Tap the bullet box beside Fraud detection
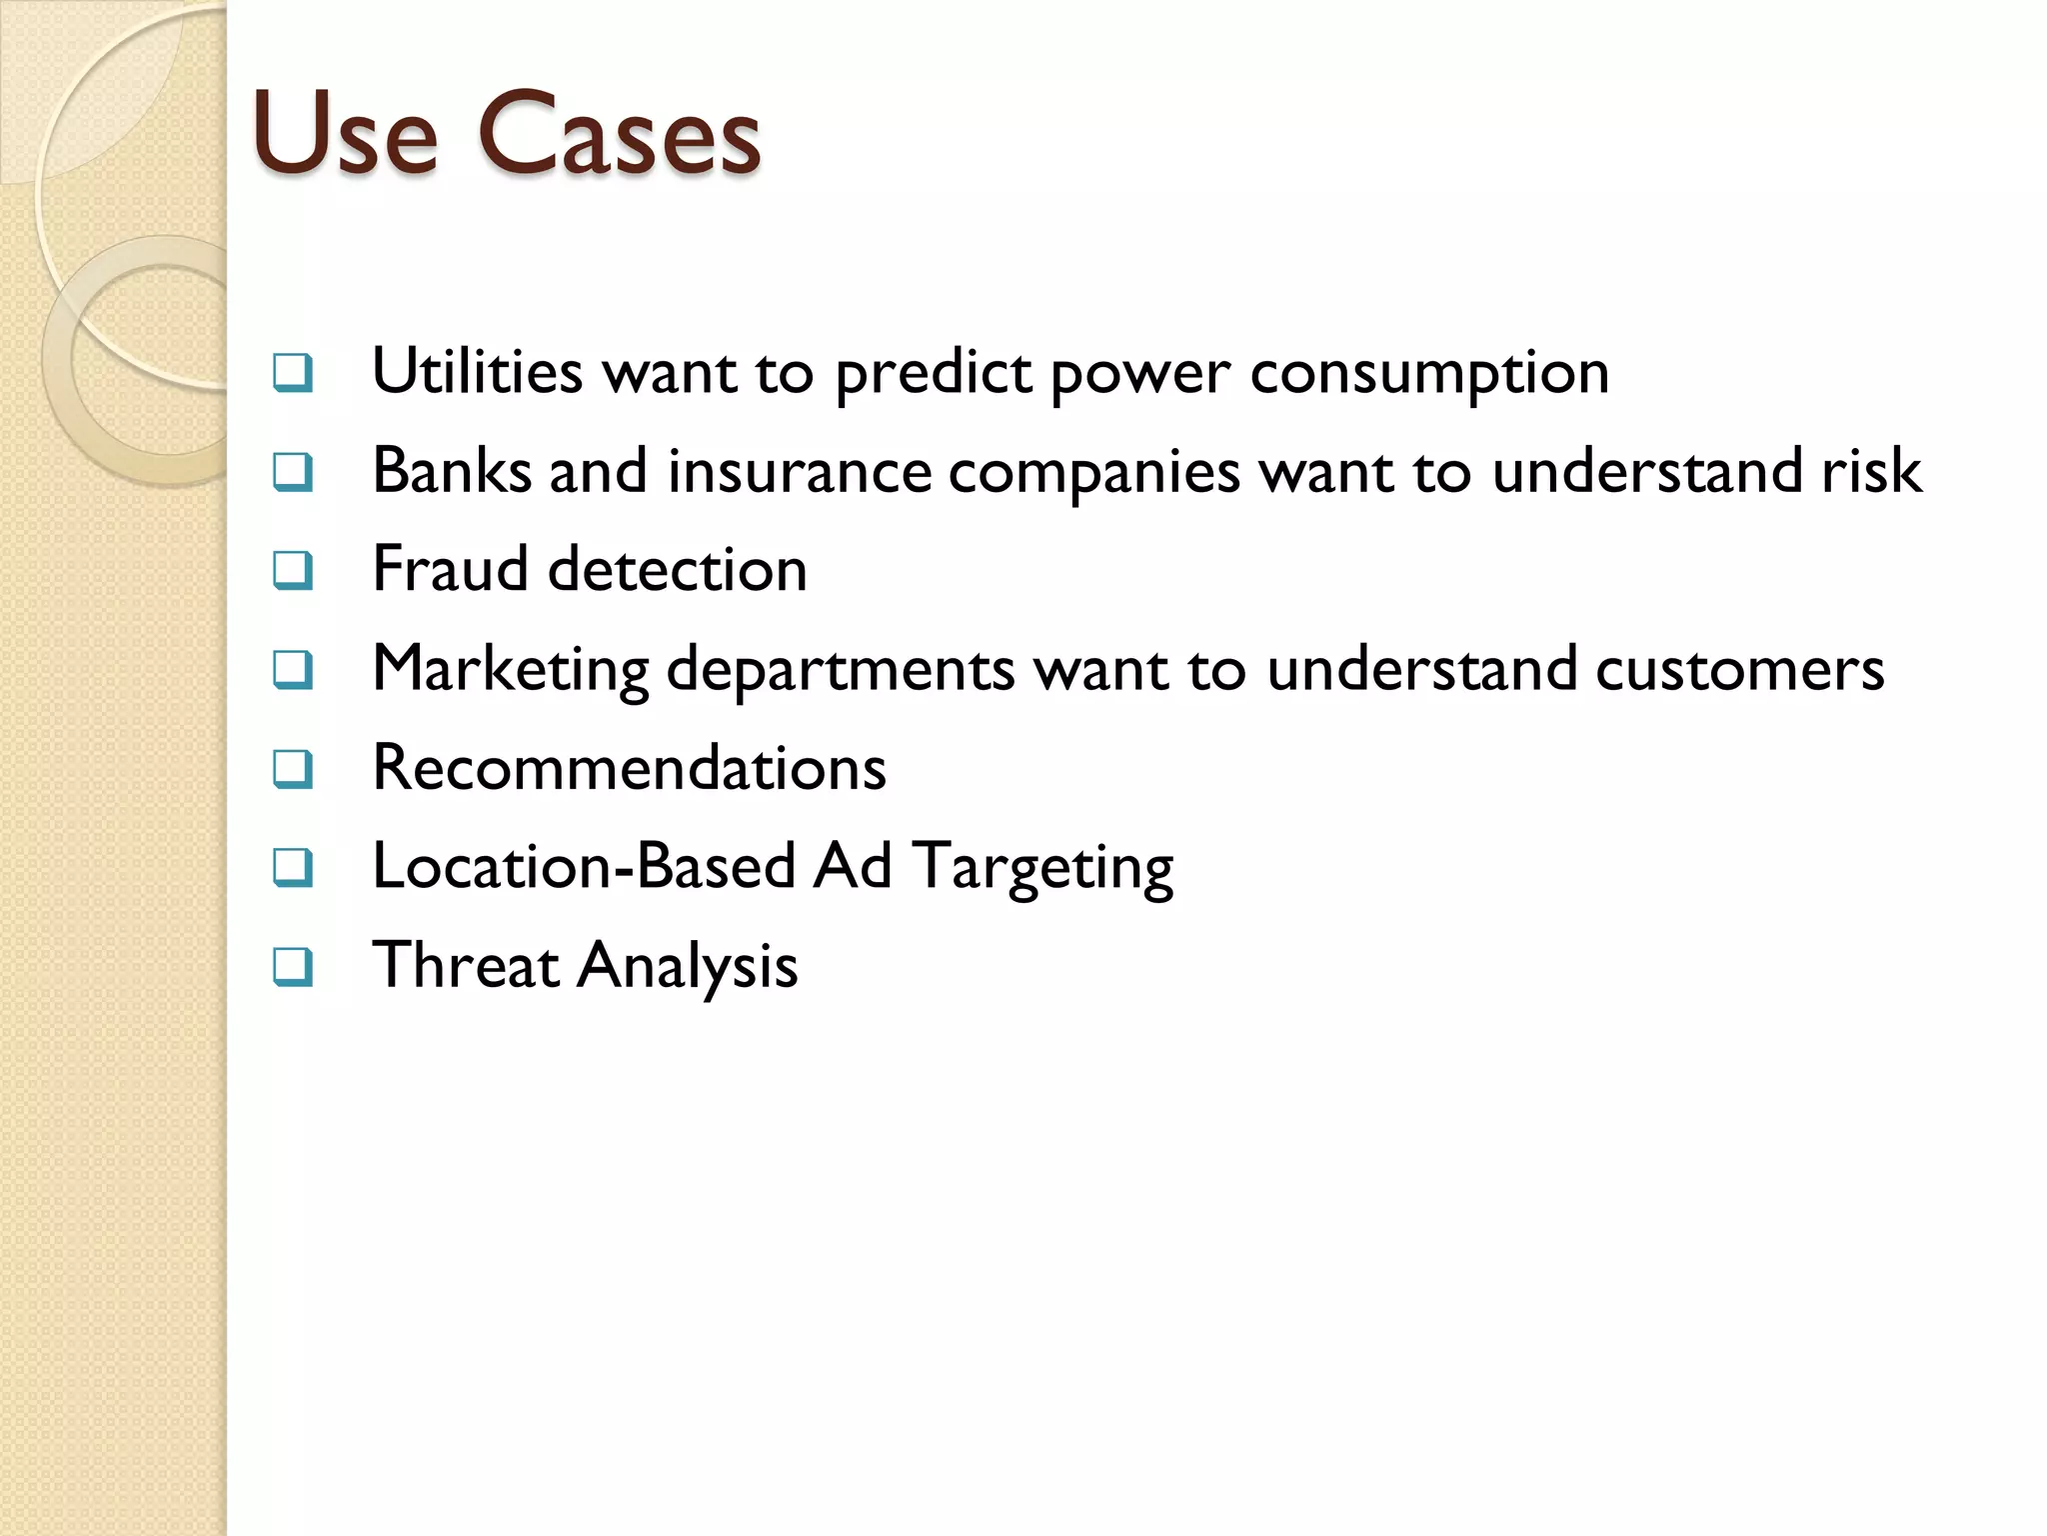(293, 570)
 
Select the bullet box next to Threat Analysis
(293, 966)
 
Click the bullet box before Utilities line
(293, 372)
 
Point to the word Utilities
(477, 371)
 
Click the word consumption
(1429, 373)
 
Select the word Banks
(452, 470)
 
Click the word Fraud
(450, 569)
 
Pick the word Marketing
(511, 669)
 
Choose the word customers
(1739, 669)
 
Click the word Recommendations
(629, 768)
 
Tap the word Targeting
(1043, 867)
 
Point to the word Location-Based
(584, 866)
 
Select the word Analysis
(688, 966)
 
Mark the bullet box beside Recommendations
(293, 768)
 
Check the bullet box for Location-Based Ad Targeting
(293, 867)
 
